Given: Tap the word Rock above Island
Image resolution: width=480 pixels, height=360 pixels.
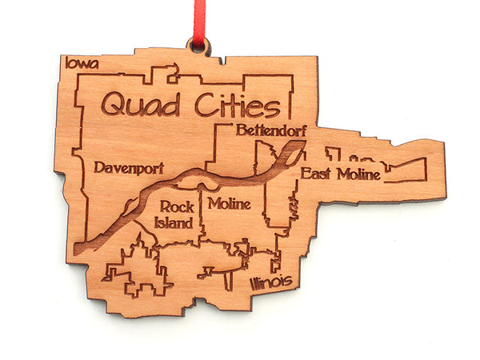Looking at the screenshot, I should coord(177,207).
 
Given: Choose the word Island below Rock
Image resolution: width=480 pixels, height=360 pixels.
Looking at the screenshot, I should coord(176,222).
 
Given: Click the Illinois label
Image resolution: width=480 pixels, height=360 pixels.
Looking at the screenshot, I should coord(270,283).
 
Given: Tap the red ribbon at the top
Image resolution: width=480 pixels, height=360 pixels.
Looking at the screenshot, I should coord(197,20).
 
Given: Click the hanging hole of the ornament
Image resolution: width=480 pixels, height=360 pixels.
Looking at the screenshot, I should coord(197,46).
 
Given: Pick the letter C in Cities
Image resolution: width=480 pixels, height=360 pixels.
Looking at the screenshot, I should coord(191,106).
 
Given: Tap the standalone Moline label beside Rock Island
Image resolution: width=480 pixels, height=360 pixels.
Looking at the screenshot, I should coord(230,204).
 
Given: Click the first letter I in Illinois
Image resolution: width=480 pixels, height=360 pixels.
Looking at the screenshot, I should coord(252,284).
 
